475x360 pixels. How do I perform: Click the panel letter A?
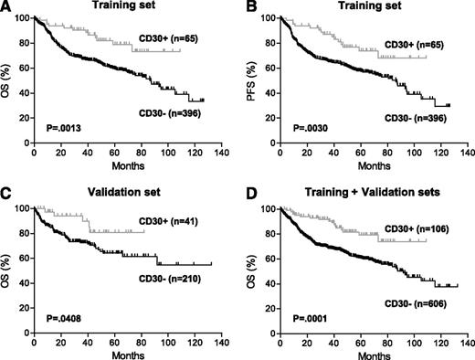6,6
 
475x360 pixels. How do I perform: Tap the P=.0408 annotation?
60,325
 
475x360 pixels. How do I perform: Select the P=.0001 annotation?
301,325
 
